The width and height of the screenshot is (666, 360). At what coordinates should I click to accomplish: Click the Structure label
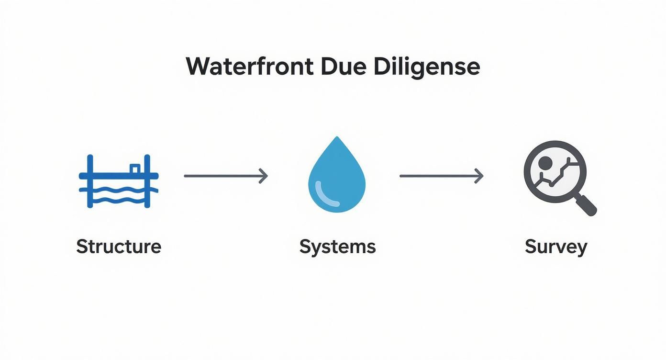coord(119,247)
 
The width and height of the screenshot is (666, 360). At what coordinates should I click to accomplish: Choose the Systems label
coord(337,247)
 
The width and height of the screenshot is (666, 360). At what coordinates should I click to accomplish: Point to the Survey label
coord(555,247)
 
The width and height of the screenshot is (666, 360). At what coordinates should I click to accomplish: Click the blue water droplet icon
coord(337,180)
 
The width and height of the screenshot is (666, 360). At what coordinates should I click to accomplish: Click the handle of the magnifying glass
coord(586,205)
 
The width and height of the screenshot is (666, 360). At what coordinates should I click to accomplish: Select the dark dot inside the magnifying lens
coord(544,164)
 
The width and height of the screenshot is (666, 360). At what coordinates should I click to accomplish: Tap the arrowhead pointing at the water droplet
coord(264,176)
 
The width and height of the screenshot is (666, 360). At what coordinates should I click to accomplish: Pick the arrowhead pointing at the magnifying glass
coord(479,176)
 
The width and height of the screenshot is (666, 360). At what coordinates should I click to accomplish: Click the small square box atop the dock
coord(135,169)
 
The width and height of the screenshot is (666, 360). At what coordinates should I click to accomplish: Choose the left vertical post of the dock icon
coord(90,181)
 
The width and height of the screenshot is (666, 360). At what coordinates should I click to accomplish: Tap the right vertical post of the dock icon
coord(147,181)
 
